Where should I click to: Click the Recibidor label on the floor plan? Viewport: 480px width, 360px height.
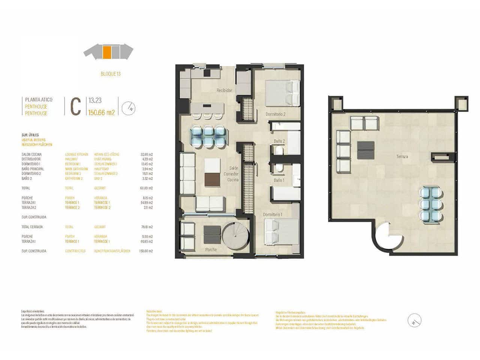(224, 90)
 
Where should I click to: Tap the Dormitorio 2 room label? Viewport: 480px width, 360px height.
(276, 114)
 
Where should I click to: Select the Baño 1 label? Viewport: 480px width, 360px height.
(279, 180)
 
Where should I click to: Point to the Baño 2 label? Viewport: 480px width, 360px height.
(279, 141)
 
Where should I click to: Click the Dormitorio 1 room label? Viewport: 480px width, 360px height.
(273, 214)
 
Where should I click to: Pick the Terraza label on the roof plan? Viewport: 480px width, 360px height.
(402, 156)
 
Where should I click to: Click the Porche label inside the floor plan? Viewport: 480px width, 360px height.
(211, 250)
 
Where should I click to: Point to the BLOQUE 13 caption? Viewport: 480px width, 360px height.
(111, 74)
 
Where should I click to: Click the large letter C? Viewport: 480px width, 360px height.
(76, 106)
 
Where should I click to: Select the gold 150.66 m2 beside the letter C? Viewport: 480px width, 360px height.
(101, 112)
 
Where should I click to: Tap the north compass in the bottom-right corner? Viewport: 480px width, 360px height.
(414, 321)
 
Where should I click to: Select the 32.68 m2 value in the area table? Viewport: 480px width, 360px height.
(146, 154)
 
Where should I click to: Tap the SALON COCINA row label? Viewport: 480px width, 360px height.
(31, 154)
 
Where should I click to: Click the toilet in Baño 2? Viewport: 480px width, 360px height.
(278, 151)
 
